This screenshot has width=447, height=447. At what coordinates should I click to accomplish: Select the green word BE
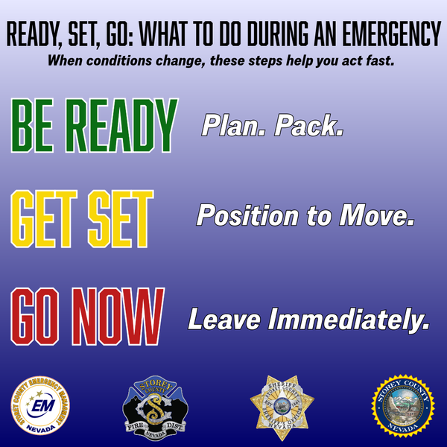38,124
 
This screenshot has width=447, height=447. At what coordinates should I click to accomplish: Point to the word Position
245,217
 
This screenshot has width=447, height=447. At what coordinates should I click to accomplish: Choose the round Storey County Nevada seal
403,408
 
